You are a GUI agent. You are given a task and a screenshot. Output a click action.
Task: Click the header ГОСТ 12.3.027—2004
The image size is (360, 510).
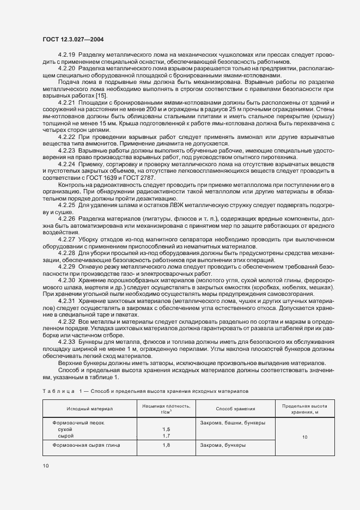point(73,40)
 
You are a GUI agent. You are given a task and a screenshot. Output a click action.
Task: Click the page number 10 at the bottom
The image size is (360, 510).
point(45,465)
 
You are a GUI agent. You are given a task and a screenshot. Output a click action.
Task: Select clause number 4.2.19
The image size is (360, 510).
point(66,56)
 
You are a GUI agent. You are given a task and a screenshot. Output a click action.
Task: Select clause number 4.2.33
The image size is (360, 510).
point(66,341)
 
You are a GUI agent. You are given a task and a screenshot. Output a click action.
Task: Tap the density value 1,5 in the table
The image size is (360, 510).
point(166,429)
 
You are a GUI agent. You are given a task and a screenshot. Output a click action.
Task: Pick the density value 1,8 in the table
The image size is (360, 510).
point(166,445)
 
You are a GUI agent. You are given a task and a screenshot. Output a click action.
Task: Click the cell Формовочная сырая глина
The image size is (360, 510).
point(86,445)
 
